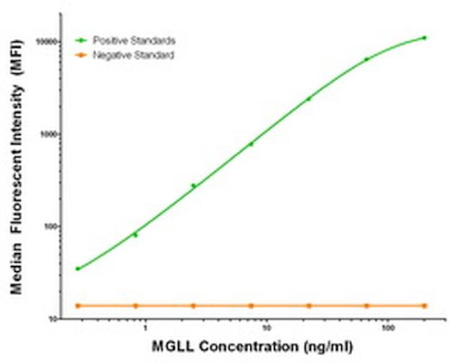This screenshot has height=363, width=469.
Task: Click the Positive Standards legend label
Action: point(135,40)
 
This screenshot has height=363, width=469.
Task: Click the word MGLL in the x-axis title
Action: point(171,347)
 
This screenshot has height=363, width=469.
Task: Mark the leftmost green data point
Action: point(78,269)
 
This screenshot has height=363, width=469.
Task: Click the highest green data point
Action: point(424,38)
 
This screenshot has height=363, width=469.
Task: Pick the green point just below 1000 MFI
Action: point(251,144)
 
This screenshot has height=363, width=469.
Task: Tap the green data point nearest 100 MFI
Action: point(135,235)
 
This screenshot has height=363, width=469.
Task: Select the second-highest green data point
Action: point(367,59)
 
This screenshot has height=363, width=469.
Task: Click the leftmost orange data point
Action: point(78,306)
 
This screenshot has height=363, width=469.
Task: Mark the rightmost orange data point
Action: point(424,306)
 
